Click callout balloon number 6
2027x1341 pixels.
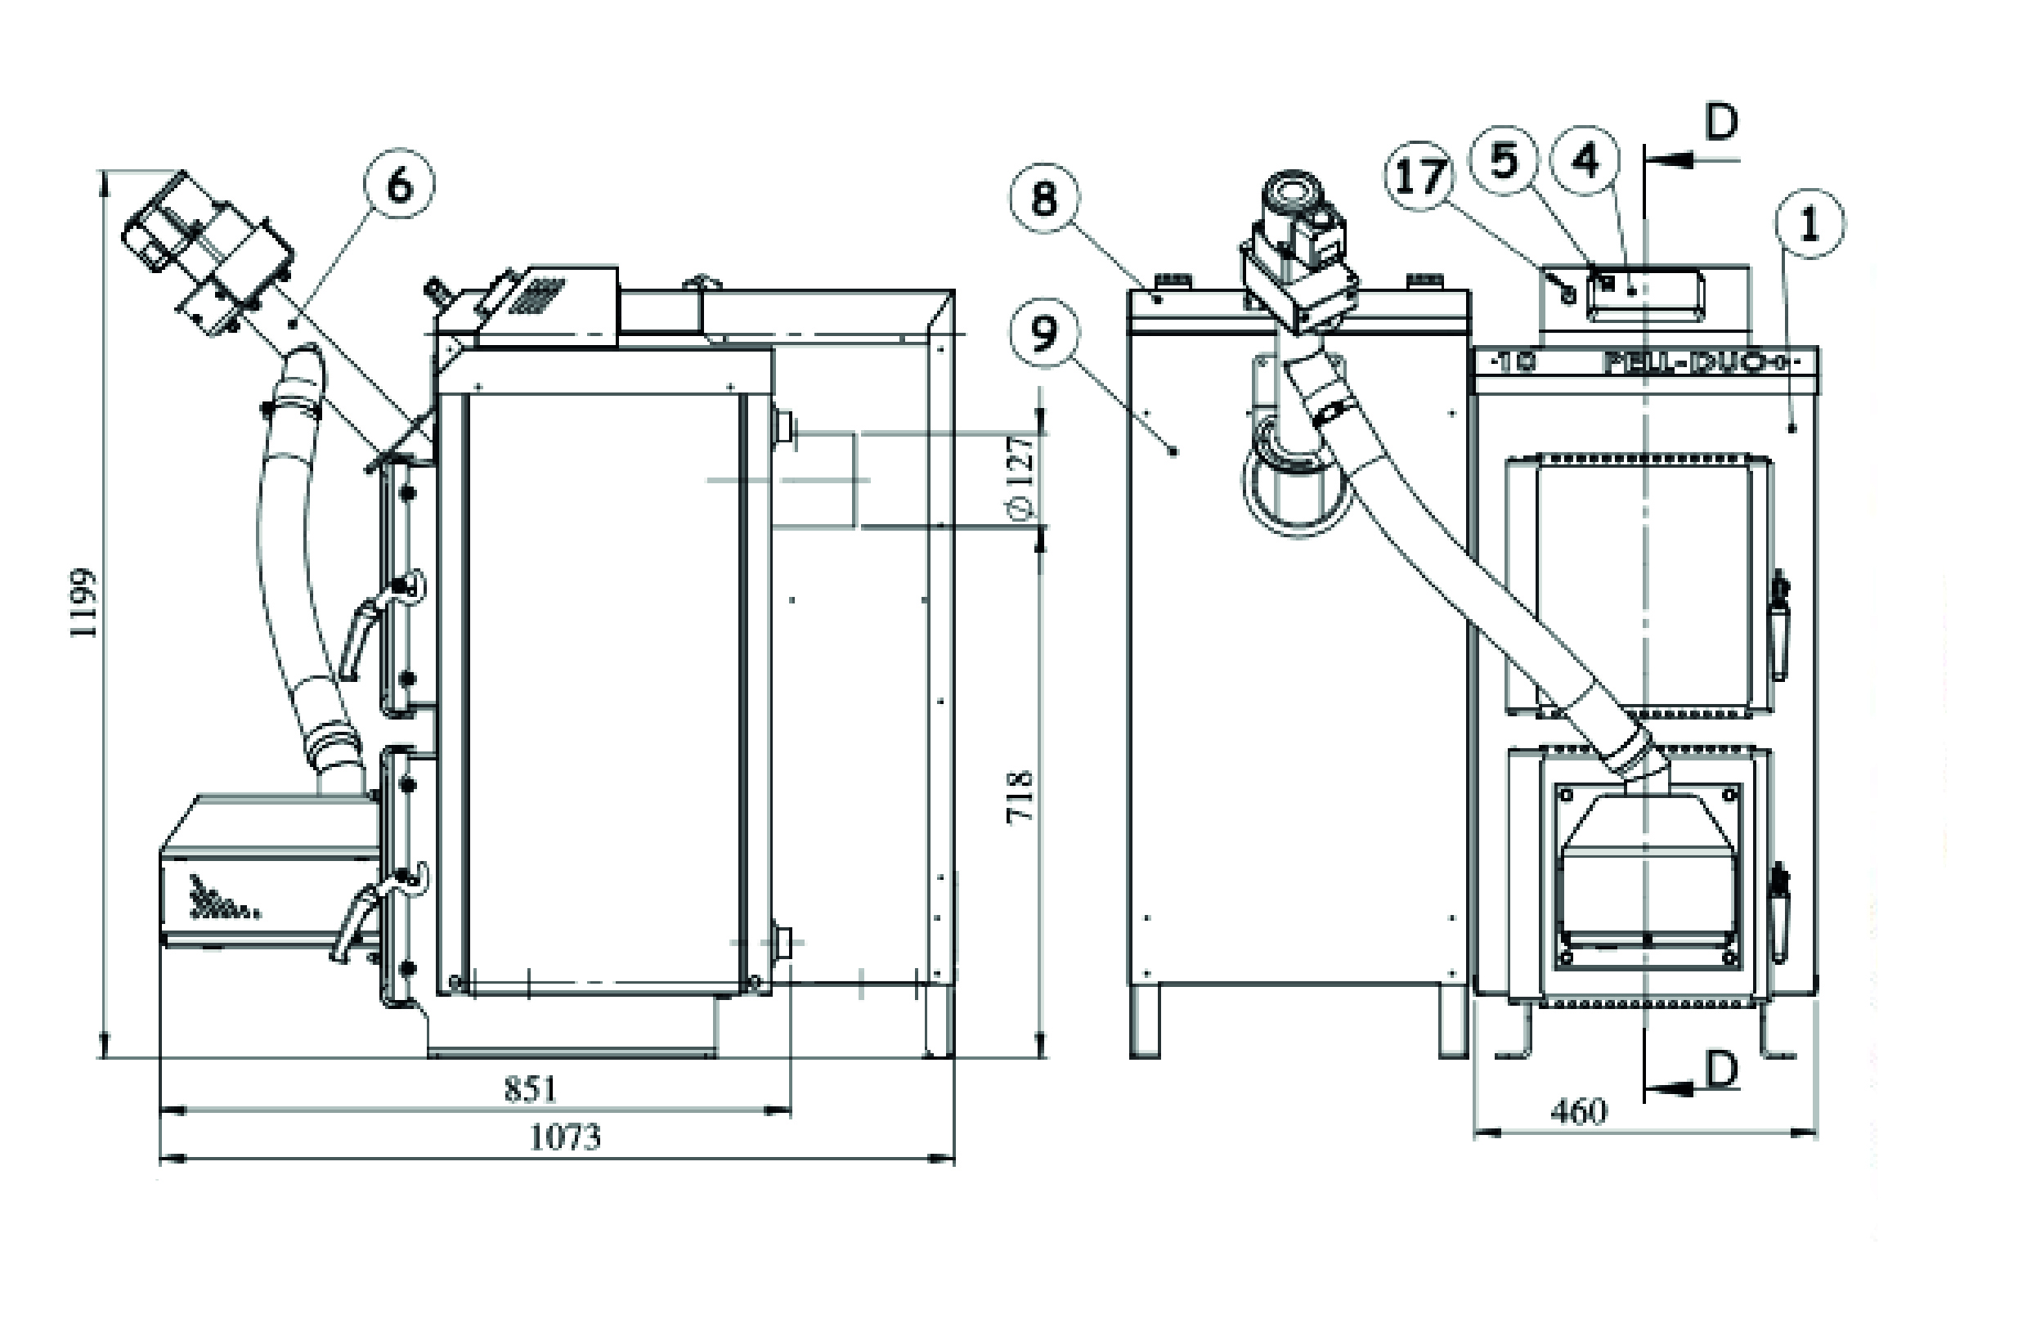point(399,186)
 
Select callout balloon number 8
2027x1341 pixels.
point(1043,200)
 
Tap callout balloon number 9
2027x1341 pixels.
point(1043,334)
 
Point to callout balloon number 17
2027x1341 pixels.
point(1419,178)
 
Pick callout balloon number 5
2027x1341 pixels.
point(1503,161)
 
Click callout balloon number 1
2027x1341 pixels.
point(1809,223)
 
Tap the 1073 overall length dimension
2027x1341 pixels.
point(564,1137)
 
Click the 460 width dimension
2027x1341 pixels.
point(1579,1112)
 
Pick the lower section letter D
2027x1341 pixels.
point(1721,1069)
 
